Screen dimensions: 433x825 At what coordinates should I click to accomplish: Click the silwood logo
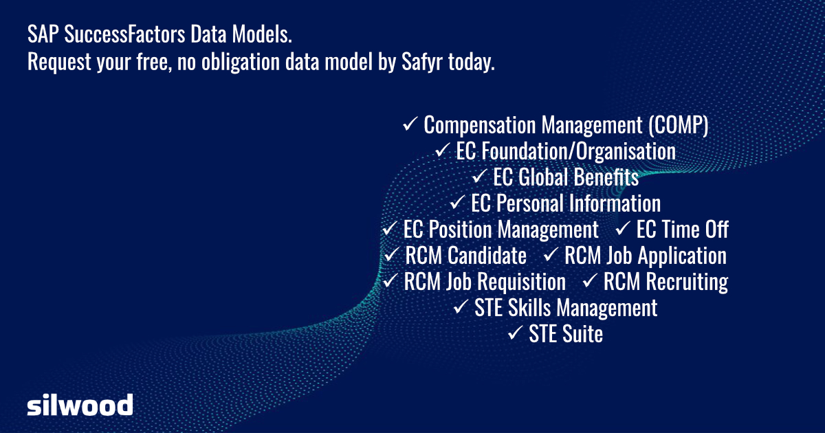pos(80,405)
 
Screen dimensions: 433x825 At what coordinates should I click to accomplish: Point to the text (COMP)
pos(677,125)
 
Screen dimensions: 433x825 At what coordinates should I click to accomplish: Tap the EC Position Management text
pos(501,230)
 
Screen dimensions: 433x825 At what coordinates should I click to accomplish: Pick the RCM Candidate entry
pos(465,256)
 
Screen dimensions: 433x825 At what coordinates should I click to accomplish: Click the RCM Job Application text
pos(645,256)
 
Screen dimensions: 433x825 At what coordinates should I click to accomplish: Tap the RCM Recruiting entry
pos(665,282)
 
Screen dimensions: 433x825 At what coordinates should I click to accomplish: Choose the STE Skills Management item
pos(565,308)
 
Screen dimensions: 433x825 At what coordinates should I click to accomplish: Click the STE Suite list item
pos(565,334)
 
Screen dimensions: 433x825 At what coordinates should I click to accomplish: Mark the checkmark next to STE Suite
pos(515,333)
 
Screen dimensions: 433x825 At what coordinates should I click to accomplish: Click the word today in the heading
pos(471,63)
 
